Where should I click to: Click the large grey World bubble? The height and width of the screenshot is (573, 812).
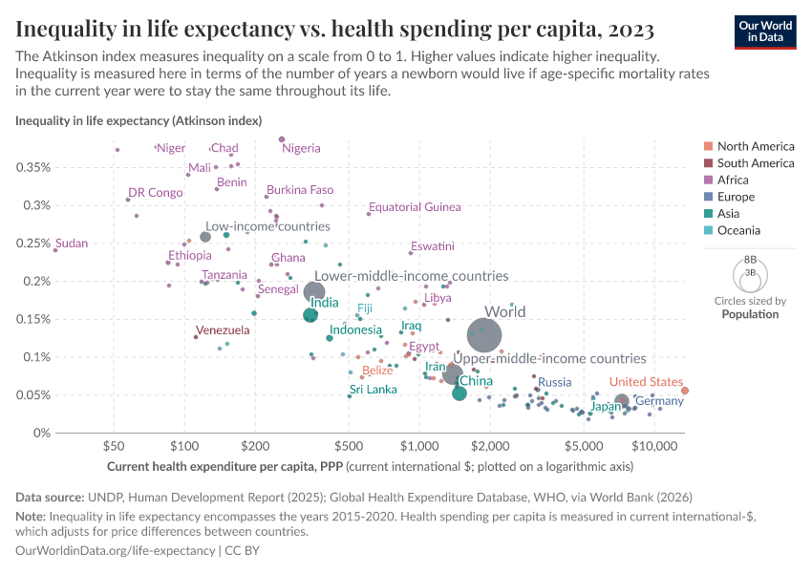pyautogui.click(x=483, y=336)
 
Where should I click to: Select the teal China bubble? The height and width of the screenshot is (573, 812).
pyautogui.click(x=459, y=393)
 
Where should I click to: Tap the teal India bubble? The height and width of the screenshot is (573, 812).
pyautogui.click(x=310, y=315)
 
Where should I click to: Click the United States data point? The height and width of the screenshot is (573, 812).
pyautogui.click(x=685, y=390)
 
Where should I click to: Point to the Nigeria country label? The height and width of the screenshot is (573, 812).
pyautogui.click(x=301, y=148)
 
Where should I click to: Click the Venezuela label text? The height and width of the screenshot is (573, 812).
pyautogui.click(x=223, y=330)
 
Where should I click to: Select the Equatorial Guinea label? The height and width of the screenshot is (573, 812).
pyautogui.click(x=415, y=207)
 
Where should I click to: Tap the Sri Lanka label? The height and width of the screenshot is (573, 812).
pyautogui.click(x=373, y=390)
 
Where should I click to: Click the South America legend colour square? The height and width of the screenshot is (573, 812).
pyautogui.click(x=708, y=163)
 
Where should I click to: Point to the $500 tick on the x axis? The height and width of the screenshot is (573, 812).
pyautogui.click(x=348, y=446)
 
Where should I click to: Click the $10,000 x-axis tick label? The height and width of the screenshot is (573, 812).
pyautogui.click(x=653, y=446)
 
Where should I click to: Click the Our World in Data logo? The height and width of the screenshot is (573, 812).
pyautogui.click(x=765, y=31)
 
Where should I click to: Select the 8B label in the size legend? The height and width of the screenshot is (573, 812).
pyautogui.click(x=750, y=260)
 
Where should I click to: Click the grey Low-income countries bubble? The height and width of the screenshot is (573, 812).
pyautogui.click(x=205, y=237)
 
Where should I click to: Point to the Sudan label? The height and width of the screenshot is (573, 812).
pyautogui.click(x=72, y=244)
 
